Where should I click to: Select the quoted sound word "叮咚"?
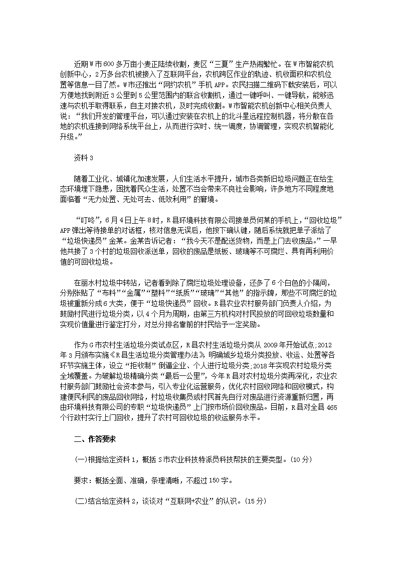click(87, 220)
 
